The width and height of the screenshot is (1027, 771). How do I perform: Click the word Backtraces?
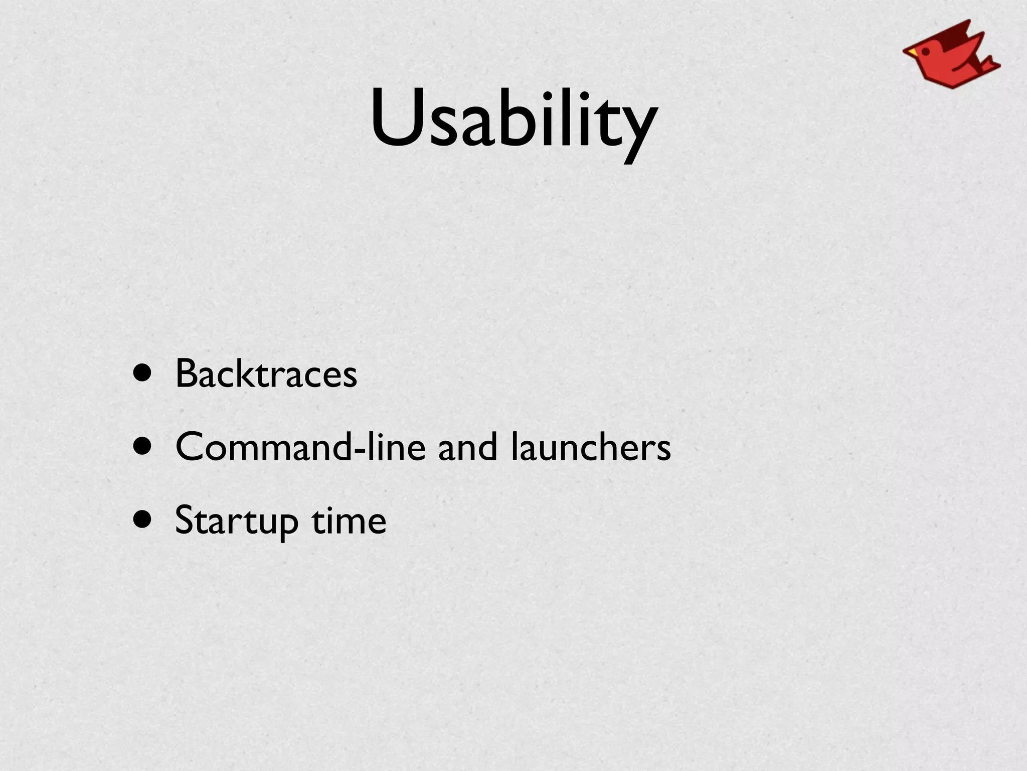click(266, 374)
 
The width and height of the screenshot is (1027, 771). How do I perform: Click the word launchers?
click(591, 447)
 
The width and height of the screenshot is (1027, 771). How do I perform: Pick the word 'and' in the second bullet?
click(468, 447)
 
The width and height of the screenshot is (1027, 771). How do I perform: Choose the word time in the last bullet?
click(349, 521)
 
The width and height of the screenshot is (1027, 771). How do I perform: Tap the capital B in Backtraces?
click(187, 374)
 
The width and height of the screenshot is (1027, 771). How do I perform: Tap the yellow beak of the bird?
click(910, 52)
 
